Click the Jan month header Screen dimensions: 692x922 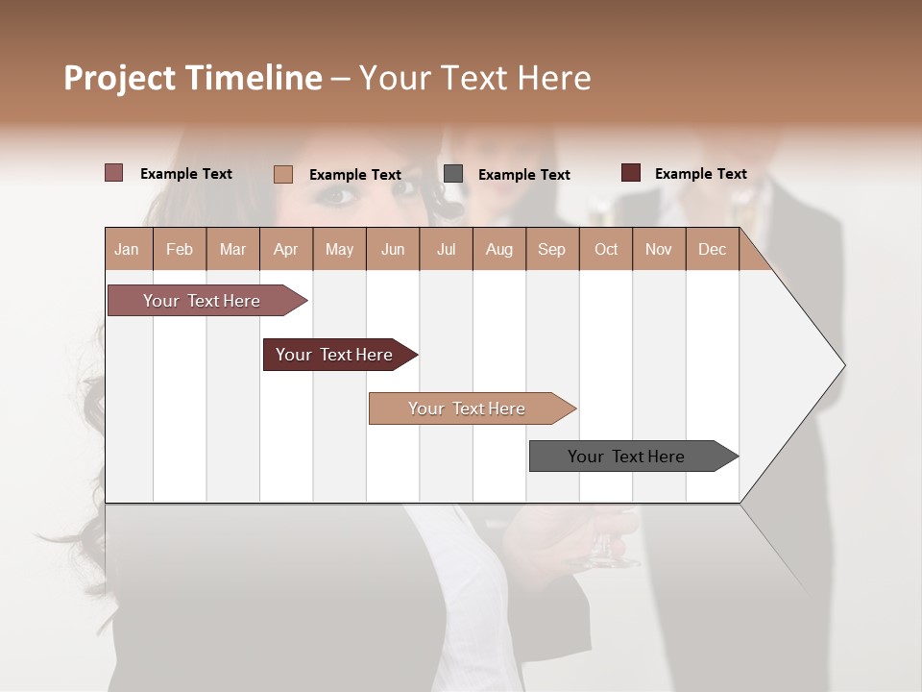point(127,250)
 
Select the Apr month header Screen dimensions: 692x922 point(285,250)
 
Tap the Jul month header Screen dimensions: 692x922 point(446,250)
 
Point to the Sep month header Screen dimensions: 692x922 point(551,250)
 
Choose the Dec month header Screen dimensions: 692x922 point(712,250)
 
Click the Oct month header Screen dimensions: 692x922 point(606,250)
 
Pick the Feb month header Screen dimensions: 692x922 point(180,250)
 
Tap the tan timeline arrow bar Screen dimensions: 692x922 point(468,408)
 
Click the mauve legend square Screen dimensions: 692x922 point(113,173)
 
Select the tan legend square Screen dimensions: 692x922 point(282,174)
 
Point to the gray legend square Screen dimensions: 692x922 point(453,174)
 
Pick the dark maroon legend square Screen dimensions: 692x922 point(630,173)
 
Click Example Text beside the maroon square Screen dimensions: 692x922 point(700,174)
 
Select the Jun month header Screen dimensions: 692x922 point(393,250)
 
